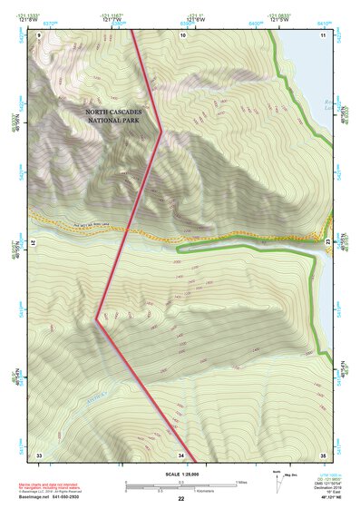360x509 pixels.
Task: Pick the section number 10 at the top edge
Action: click(x=184, y=34)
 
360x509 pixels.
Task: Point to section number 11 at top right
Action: click(x=323, y=34)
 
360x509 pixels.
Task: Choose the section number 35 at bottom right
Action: click(x=323, y=454)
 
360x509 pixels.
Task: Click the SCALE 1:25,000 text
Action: click(x=181, y=474)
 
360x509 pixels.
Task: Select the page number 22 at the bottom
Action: click(x=181, y=499)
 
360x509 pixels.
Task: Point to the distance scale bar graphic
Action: click(x=181, y=485)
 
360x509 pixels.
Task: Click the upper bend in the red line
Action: click(x=161, y=130)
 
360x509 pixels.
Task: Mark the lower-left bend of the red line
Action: click(x=97, y=318)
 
